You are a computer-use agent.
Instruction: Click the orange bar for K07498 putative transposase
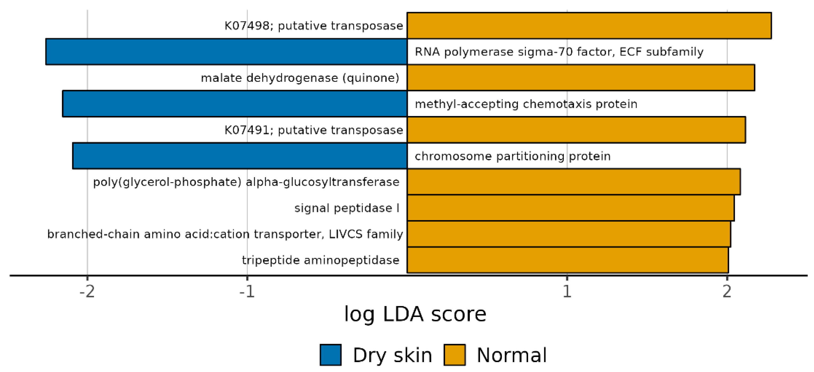pyautogui.click(x=589, y=26)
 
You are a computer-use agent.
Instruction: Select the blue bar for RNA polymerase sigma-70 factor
pyautogui.click(x=226, y=52)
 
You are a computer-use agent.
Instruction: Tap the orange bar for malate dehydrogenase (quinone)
pyautogui.click(x=581, y=78)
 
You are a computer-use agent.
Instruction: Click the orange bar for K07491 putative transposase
pyautogui.click(x=576, y=130)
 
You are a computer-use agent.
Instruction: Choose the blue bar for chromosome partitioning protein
pyautogui.click(x=239, y=156)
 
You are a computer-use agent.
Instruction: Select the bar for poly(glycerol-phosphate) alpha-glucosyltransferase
pyautogui.click(x=573, y=182)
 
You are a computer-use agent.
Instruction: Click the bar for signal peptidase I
pyautogui.click(x=570, y=208)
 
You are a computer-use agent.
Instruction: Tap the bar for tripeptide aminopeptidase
pyautogui.click(x=568, y=260)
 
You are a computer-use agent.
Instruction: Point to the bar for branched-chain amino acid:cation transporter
pyautogui.click(x=569, y=234)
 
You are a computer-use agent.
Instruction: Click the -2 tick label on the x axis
pyautogui.click(x=87, y=291)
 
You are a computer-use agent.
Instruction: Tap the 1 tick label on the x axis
pyautogui.click(x=567, y=291)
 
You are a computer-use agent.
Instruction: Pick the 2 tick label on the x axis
pyautogui.click(x=727, y=291)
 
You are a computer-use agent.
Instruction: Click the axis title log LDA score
pyautogui.click(x=415, y=315)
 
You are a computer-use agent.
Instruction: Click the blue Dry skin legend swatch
pyautogui.click(x=331, y=355)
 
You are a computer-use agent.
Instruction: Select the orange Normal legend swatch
pyautogui.click(x=454, y=355)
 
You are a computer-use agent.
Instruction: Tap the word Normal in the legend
pyautogui.click(x=511, y=355)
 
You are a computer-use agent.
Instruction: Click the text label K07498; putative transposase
pyautogui.click(x=313, y=26)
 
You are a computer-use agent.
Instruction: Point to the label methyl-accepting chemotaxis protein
pyautogui.click(x=526, y=104)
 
